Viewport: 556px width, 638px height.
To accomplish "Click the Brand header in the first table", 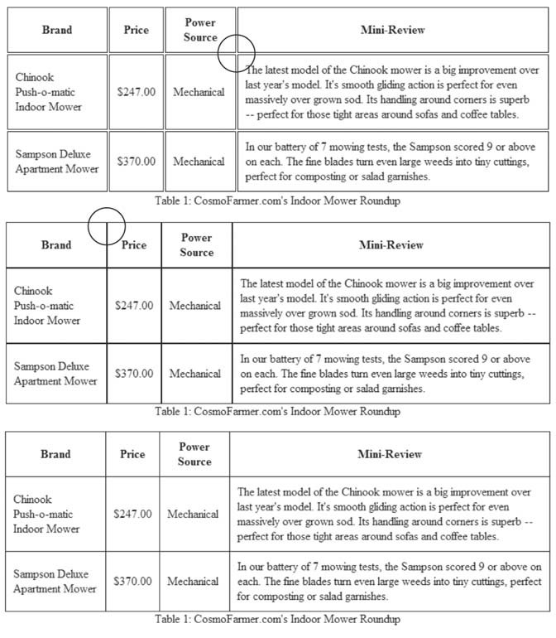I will pyautogui.click(x=57, y=30).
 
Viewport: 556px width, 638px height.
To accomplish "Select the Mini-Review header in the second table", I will pyautogui.click(x=391, y=244).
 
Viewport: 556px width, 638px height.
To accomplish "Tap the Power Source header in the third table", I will pyautogui.click(x=194, y=454).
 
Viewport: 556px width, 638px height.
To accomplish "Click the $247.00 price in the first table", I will pyautogui.click(x=137, y=92).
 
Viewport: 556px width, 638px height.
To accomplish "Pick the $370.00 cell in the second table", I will pyautogui.click(x=134, y=374).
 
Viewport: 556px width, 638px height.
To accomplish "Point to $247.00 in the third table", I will pyautogui.click(x=132, y=514).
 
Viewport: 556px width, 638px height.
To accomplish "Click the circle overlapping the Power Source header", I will pyautogui.click(x=236, y=53).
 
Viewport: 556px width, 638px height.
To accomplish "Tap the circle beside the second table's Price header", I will pyautogui.click(x=106, y=225).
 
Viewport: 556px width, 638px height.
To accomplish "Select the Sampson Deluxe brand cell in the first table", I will pyautogui.click(x=57, y=162).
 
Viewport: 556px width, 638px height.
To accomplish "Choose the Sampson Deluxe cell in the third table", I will pyautogui.click(x=54, y=581).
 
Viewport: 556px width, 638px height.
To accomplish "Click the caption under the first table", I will pyautogui.click(x=277, y=201).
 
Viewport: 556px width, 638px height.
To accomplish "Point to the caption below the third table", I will pyautogui.click(x=277, y=619).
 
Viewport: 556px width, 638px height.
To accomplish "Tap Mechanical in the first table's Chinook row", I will pyautogui.click(x=199, y=92).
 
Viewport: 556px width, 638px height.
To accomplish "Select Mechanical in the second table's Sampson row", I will pyautogui.click(x=196, y=374).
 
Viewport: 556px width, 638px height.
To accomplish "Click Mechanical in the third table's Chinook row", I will pyautogui.click(x=193, y=514).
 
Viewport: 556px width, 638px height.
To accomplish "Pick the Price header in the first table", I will pyautogui.click(x=137, y=30).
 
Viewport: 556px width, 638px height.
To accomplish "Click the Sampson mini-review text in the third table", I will pyautogui.click(x=389, y=581).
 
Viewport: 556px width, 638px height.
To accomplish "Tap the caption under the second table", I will pyautogui.click(x=277, y=411).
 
